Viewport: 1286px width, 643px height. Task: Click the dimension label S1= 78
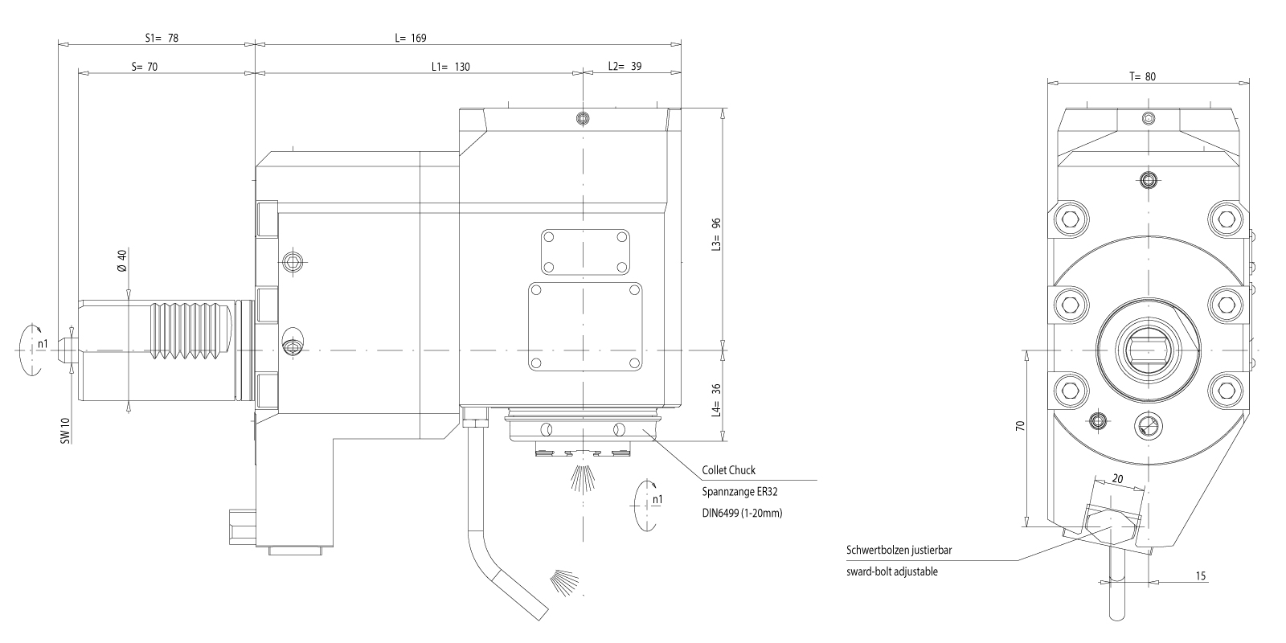point(162,39)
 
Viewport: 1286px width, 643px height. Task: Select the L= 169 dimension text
point(411,39)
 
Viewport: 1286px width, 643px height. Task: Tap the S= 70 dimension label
point(145,68)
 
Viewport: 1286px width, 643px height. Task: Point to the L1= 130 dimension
point(451,68)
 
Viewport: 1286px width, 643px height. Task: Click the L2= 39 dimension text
point(625,67)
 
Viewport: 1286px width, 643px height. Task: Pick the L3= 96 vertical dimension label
point(716,235)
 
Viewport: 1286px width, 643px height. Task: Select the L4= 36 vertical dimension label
point(716,401)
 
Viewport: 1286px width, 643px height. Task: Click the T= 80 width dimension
point(1142,77)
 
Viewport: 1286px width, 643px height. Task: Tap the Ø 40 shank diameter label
point(121,260)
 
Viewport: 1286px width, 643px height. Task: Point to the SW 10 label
point(65,431)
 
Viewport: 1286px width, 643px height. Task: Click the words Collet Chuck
point(728,470)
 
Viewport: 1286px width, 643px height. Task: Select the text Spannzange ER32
point(739,492)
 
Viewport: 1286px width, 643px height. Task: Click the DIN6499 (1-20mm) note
point(742,514)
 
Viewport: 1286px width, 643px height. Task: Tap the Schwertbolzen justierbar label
point(899,550)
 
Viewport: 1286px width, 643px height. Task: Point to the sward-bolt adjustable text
point(891,571)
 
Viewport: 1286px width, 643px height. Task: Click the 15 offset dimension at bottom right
point(1201,575)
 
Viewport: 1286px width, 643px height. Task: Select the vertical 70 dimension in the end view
point(1020,426)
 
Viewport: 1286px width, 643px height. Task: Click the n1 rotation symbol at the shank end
point(31,349)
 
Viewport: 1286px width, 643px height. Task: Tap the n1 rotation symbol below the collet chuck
point(648,506)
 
